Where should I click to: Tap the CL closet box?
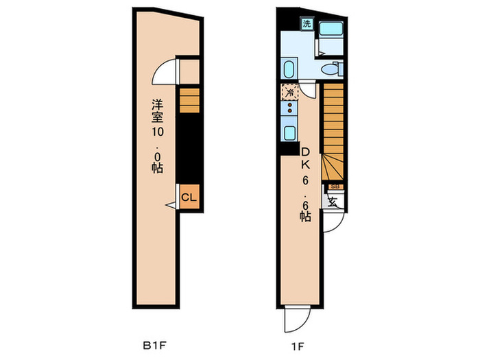point(189,197)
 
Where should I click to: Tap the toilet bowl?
point(332,69)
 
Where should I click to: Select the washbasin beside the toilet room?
point(289,69)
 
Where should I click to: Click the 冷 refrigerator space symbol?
point(289,92)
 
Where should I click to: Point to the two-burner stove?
point(289,108)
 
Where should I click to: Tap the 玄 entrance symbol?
point(333,202)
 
